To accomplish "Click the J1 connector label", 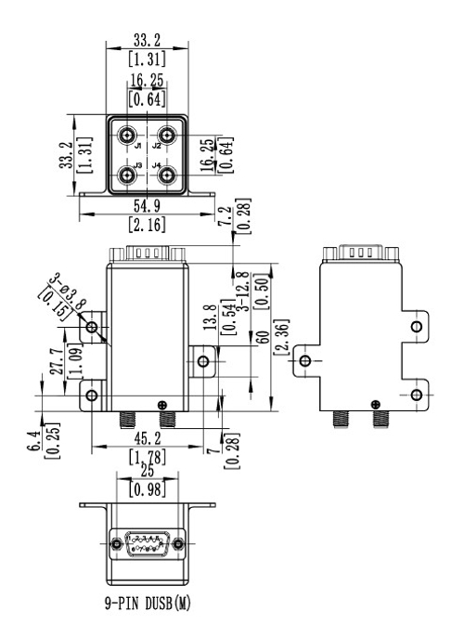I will click(x=136, y=147).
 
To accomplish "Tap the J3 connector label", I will click(x=136, y=166).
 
